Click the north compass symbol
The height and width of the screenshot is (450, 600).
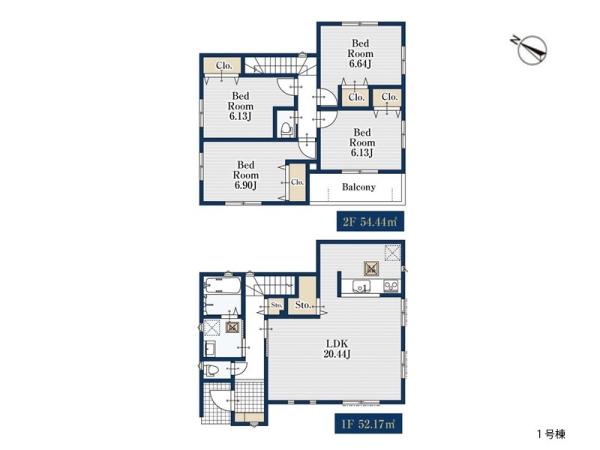531,50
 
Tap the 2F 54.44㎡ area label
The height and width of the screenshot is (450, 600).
370,222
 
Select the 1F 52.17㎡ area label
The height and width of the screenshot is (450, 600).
368,424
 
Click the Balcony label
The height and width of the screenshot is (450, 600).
359,187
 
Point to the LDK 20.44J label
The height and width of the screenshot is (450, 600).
337,349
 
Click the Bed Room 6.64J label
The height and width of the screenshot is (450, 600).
360,53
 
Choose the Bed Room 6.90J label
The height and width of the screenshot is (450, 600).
246,175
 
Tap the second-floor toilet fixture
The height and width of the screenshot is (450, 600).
286,129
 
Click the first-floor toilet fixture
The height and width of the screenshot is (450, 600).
211,370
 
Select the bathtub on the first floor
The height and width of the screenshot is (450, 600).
223,285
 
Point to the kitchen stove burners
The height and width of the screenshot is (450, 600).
391,285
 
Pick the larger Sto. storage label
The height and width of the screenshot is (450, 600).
302,305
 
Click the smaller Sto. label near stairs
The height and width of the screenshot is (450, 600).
276,305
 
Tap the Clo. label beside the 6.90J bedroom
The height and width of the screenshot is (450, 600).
297,182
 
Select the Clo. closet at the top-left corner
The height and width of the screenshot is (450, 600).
224,65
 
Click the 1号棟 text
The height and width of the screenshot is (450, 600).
551,434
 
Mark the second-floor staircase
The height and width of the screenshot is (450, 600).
280,65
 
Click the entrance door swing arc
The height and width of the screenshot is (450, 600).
221,401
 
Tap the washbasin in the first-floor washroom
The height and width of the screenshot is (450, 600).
210,349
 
